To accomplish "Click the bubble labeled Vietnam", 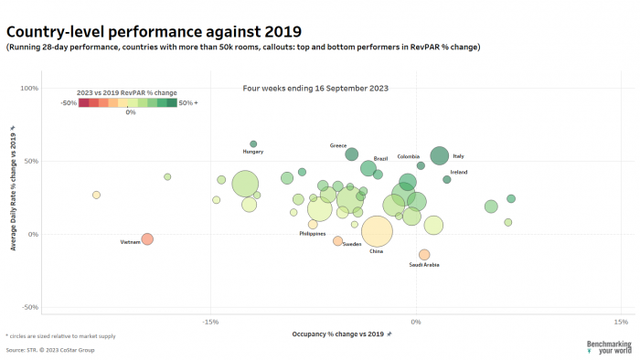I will (147, 239).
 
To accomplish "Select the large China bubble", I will (377, 232).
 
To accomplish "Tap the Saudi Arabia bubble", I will (424, 255).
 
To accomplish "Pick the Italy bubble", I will (440, 156).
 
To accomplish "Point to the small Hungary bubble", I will (253, 144).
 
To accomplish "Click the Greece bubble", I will (352, 154).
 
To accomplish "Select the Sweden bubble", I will (338, 241).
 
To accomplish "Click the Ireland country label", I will (459, 172).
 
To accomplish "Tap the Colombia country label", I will (409, 156).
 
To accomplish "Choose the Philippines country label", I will (313, 234).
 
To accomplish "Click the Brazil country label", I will (381, 159).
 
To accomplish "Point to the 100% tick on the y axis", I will (29, 89).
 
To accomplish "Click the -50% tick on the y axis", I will (29, 307).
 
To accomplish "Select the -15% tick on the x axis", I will (211, 322).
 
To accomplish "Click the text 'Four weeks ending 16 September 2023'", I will (315, 89).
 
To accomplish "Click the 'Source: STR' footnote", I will (49, 349).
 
